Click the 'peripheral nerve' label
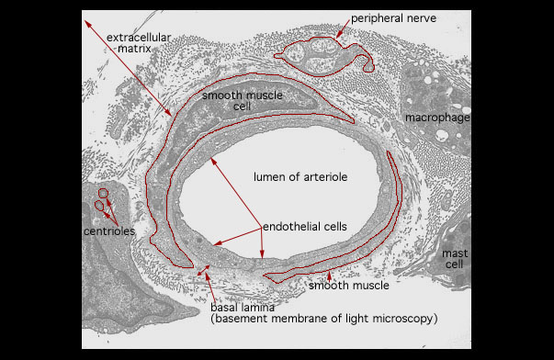393,18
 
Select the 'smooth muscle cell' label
243,100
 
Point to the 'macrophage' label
437,118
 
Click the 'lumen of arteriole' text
300,176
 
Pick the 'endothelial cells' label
304,227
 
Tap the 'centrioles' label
109,231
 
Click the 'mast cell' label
455,259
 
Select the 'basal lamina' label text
243,307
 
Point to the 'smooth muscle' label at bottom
349,285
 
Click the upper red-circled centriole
103,193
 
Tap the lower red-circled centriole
99,206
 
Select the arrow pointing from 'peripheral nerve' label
343,28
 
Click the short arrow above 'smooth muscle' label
329,276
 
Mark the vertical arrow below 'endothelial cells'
262,243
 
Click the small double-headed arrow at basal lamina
204,270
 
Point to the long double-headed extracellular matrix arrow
128,68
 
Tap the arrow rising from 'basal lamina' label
211,287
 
